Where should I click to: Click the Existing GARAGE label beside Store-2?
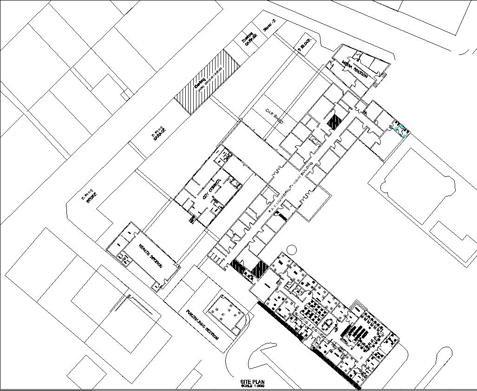[x=249, y=39]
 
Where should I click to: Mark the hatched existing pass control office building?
[x=207, y=81]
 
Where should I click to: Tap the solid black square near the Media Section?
[x=334, y=121]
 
